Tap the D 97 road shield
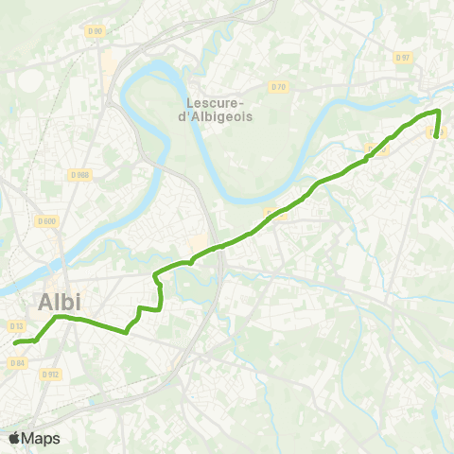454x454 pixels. click(x=404, y=58)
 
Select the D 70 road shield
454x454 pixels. click(x=278, y=87)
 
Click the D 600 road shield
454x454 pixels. click(x=45, y=221)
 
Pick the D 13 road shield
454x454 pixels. click(x=16, y=325)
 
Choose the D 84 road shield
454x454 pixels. click(x=16, y=362)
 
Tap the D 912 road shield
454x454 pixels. click(x=50, y=375)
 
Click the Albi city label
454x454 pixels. click(x=60, y=302)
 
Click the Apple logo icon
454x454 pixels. click(x=14, y=437)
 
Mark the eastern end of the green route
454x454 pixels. click(x=436, y=135)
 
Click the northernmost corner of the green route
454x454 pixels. click(x=438, y=111)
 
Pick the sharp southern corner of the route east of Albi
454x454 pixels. click(x=126, y=332)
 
